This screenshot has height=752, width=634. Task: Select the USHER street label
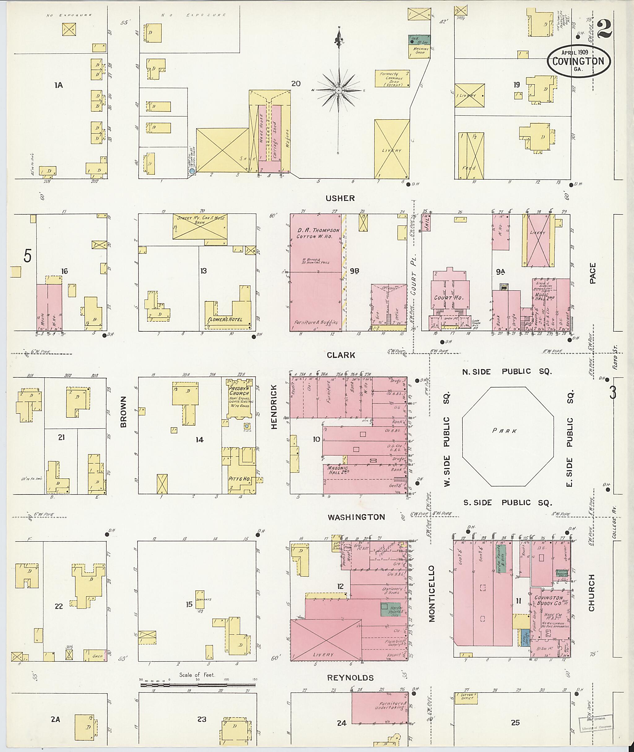tap(340, 198)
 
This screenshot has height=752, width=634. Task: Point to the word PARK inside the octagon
tap(505, 431)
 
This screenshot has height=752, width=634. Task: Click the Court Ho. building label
tap(449, 298)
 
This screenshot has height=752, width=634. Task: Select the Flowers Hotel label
tap(225, 319)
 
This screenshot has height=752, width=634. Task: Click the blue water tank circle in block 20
tap(192, 171)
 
